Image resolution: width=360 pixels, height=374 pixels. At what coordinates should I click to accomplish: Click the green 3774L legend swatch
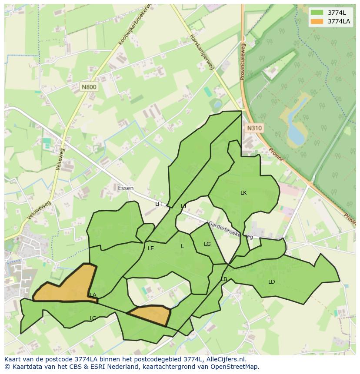317,13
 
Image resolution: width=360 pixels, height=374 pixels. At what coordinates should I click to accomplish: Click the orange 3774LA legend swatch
317,21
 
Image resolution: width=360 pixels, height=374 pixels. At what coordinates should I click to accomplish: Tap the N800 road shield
89,87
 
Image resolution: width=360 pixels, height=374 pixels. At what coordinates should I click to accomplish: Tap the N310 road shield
254,128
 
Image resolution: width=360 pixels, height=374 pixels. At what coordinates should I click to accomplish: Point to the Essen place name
126,188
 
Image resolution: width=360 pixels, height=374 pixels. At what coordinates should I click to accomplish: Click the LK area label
243,192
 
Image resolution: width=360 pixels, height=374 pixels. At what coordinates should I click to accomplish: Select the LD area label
272,282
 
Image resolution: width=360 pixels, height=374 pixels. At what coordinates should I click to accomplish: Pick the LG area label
207,244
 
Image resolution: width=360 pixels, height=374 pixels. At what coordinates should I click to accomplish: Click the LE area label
151,248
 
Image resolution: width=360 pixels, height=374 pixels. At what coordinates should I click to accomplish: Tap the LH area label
158,204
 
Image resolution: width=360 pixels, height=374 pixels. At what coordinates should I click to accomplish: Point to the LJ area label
183,206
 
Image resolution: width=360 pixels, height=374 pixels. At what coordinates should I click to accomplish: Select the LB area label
224,279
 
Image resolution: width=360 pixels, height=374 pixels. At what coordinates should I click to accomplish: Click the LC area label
93,318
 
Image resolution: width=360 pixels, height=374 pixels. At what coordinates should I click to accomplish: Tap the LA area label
93,295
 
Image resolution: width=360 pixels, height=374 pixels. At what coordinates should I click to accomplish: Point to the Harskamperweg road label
202,52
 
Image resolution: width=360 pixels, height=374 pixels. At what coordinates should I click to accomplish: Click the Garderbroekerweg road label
230,231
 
